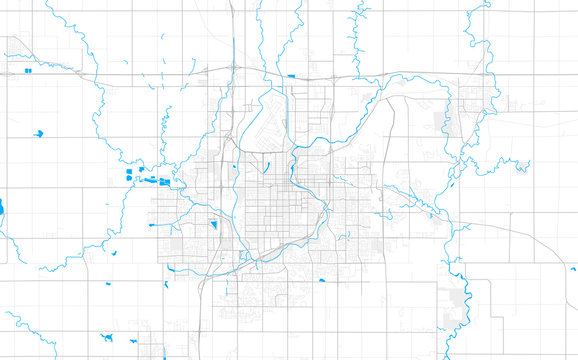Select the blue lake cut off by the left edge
click(2, 207)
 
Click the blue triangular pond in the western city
click(215, 225)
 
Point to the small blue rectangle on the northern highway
click(291, 76)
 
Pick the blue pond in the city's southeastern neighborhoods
click(322, 280)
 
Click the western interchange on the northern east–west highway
click(232, 69)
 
